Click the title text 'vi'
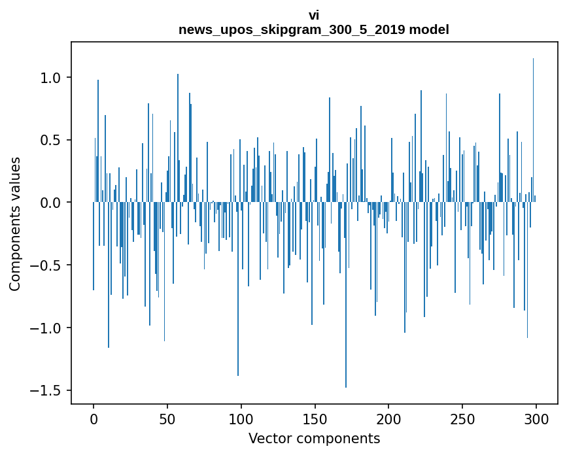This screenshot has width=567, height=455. click(x=314, y=15)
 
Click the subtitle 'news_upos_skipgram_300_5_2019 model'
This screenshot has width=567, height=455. click(x=314, y=29)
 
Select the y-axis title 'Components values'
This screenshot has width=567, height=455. click(x=15, y=224)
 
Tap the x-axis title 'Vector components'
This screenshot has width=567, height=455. click(x=314, y=438)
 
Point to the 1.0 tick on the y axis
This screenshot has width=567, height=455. click(x=51, y=78)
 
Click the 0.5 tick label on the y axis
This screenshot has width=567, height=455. click(x=51, y=141)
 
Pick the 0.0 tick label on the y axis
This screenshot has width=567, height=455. click(x=51, y=203)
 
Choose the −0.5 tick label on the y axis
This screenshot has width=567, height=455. click(x=47, y=265)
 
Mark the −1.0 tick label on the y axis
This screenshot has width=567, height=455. click(x=47, y=328)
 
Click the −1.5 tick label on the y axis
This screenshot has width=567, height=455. click(x=47, y=390)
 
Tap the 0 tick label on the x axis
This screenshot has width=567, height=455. click(x=94, y=418)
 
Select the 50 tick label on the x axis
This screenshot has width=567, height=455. click(x=167, y=418)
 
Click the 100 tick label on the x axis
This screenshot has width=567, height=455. click(x=241, y=418)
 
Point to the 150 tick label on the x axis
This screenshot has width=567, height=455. click(x=315, y=418)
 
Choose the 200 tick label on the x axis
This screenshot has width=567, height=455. click(x=389, y=418)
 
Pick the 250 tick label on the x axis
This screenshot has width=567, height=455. click(x=462, y=418)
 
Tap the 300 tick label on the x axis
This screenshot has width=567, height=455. click(x=536, y=418)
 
